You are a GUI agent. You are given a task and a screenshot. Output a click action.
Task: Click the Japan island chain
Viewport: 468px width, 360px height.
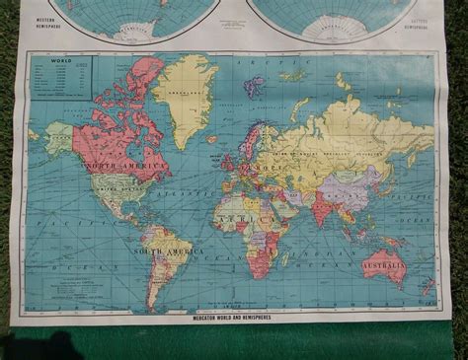point(384,173)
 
